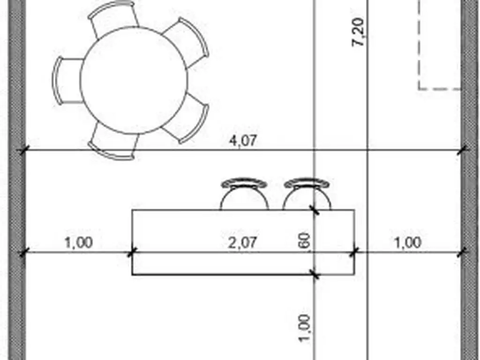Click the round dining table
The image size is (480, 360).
click(134, 80)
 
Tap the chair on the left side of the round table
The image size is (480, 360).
click(67, 81)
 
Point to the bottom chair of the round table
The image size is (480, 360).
click(113, 143)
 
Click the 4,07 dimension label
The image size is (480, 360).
click(243, 141)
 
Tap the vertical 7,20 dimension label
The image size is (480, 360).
click(358, 32)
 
